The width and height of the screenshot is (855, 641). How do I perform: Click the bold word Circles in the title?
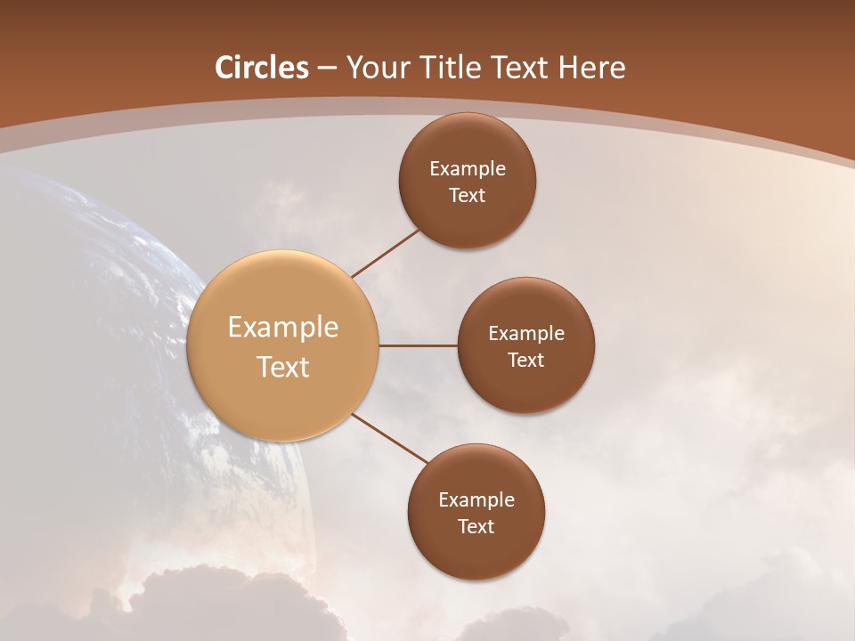coord(262,68)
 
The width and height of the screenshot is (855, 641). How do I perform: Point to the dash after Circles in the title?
coord(327,69)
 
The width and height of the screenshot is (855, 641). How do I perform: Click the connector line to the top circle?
coord(386,253)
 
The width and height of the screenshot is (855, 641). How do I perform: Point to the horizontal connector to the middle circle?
coord(418,345)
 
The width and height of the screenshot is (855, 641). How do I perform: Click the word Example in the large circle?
coord(283,328)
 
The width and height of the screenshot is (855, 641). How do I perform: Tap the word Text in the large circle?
coord(283,367)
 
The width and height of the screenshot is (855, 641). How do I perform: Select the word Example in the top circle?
coord(468,169)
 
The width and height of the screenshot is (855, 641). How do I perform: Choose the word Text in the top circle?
coord(468,196)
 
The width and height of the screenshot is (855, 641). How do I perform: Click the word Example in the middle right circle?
coord(526,334)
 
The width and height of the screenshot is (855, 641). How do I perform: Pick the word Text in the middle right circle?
coord(526,361)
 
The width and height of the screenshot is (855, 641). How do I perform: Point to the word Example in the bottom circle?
coord(476,500)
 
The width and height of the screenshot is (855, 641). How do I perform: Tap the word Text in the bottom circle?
coord(476,527)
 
